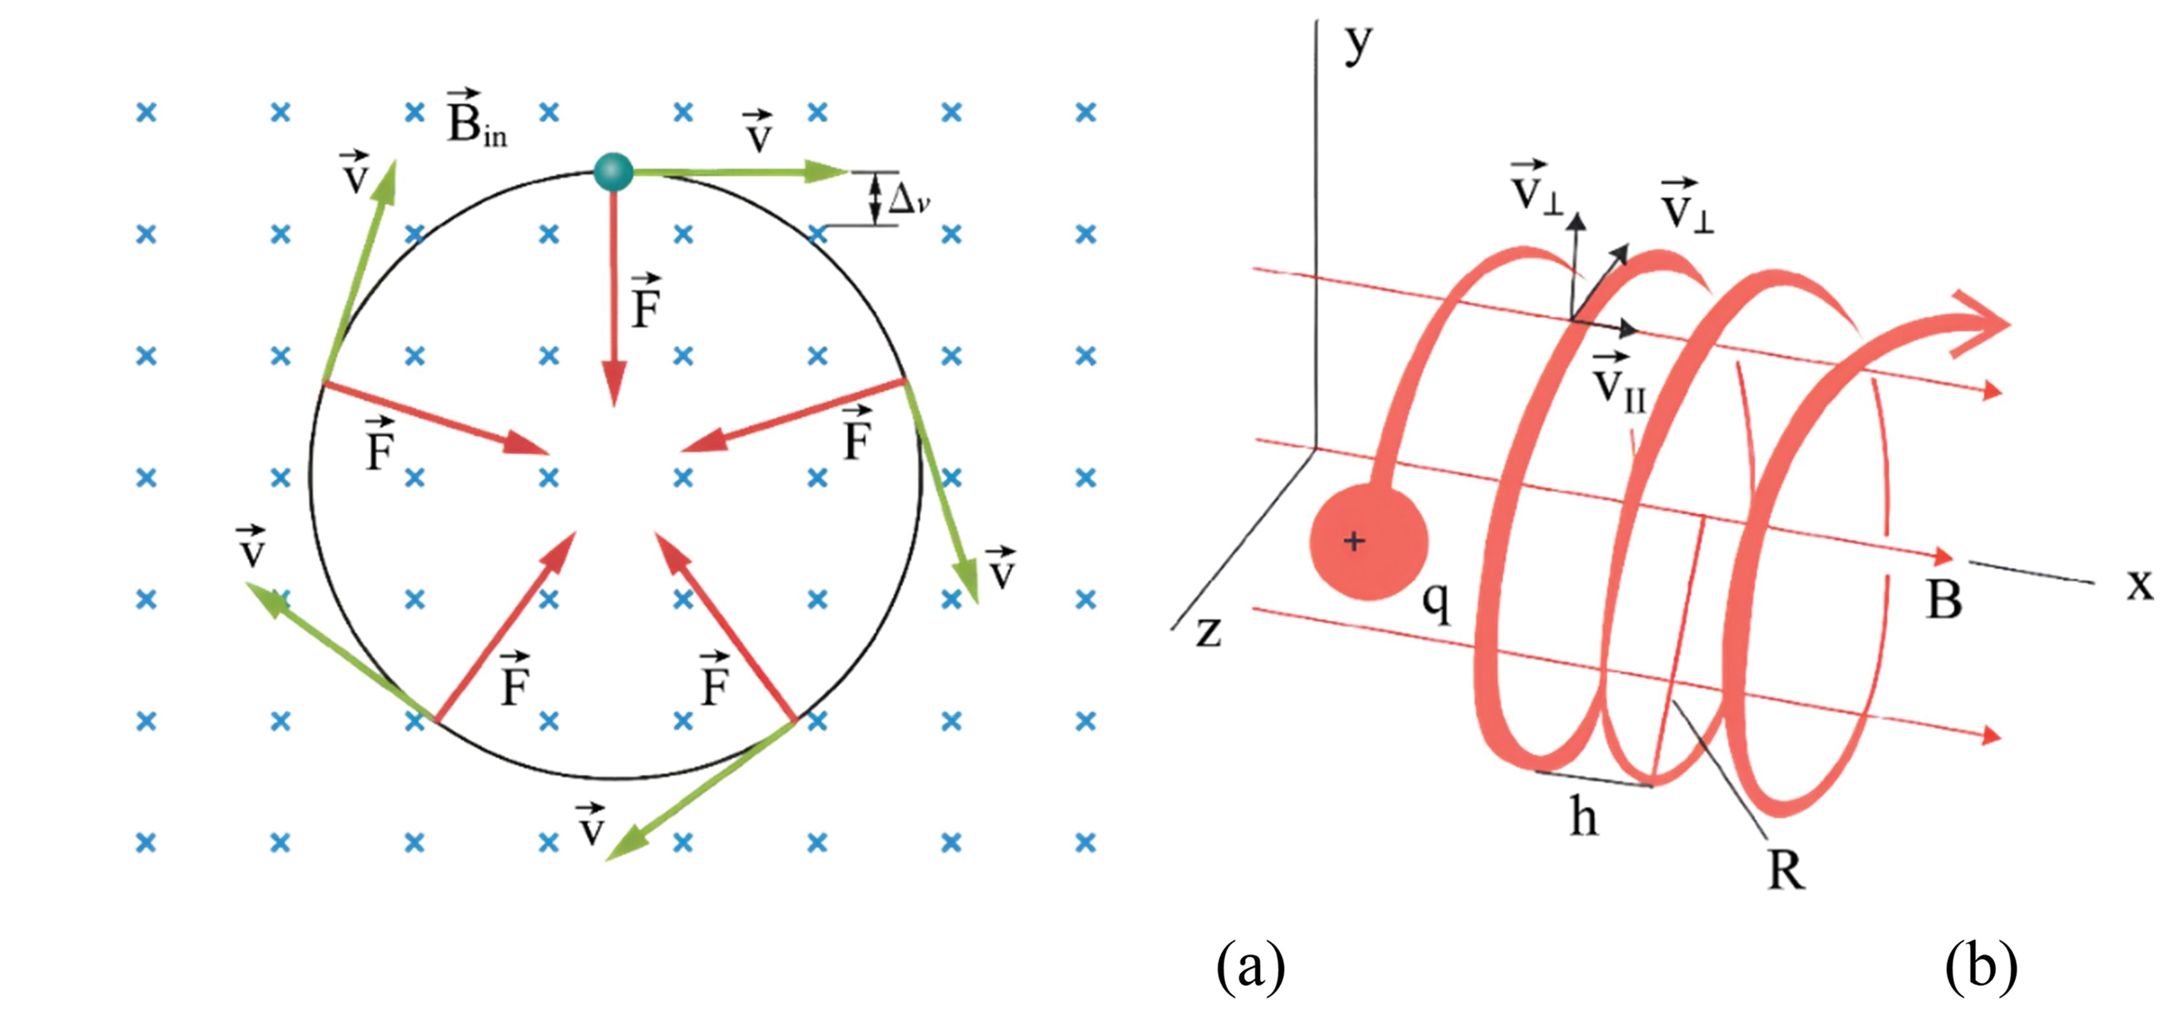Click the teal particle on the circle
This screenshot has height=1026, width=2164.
tap(613, 172)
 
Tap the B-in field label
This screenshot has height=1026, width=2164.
tap(475, 119)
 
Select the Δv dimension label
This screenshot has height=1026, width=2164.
tap(908, 200)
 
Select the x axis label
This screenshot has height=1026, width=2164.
tap(2140, 583)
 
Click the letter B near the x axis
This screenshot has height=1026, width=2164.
tap(1944, 599)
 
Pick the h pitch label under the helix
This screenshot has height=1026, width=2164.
tap(1585, 816)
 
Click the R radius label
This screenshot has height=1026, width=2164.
tap(1784, 870)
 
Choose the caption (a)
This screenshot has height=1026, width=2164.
tap(1250, 965)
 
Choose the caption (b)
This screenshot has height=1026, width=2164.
tap(1980, 965)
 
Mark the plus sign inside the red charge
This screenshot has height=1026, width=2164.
tap(1353, 542)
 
